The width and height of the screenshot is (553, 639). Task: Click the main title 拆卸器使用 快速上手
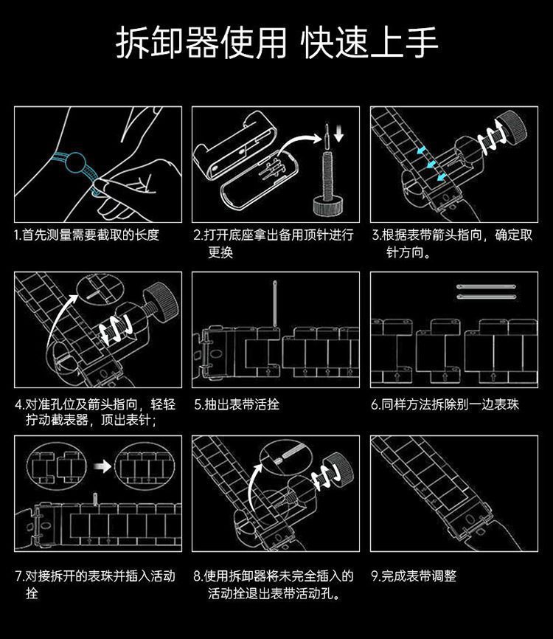coord(276,43)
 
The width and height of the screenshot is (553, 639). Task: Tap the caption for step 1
coord(86,235)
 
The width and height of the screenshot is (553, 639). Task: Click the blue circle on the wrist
coord(75,163)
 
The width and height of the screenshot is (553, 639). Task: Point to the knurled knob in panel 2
coord(327,205)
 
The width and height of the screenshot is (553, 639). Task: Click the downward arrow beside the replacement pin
coord(338,134)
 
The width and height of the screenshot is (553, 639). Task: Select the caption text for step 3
coord(452,243)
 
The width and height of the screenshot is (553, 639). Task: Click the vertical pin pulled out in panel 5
coord(276,303)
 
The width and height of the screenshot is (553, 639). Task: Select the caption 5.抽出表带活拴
coord(237,404)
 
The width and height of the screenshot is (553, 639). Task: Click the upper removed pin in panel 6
coord(486,287)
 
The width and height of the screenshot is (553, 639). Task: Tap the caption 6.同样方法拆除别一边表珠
coord(445,404)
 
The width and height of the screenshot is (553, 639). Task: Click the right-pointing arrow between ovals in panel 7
coord(102,466)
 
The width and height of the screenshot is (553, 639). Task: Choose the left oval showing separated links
coord(57,466)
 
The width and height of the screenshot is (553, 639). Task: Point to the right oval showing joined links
coord(145,466)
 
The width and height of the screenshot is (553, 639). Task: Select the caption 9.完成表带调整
coord(414,576)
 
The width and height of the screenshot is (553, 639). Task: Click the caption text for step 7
coord(95,584)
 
